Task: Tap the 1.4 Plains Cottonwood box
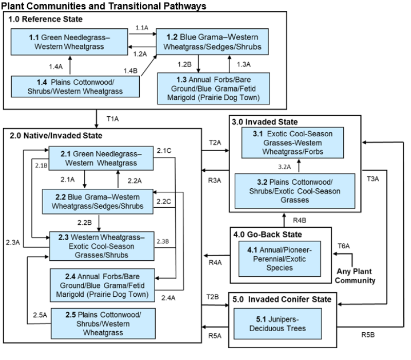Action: pos(76,86)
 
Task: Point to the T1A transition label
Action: pos(113,118)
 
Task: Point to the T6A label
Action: pos(343,246)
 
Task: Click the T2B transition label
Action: pos(213,297)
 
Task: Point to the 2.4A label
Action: pos(168,297)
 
